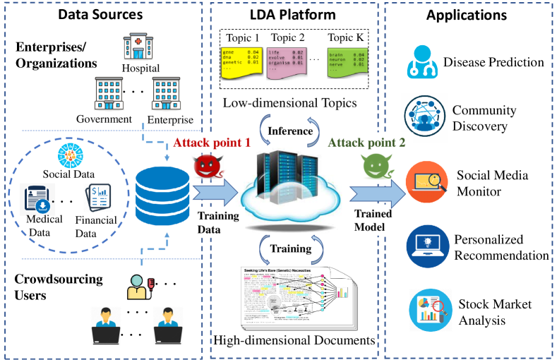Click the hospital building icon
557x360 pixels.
(139, 47)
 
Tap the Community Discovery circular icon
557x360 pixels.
(423, 118)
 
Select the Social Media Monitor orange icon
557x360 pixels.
(424, 181)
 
